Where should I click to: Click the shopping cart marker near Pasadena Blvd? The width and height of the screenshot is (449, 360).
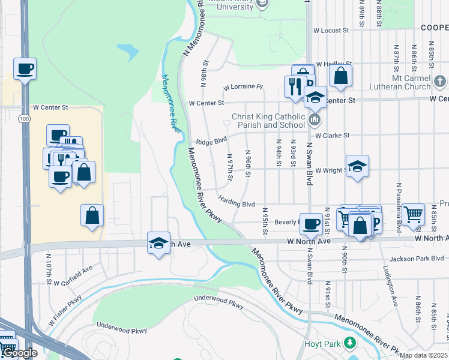click(414, 214)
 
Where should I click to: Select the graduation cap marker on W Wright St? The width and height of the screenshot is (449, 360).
click(357, 166)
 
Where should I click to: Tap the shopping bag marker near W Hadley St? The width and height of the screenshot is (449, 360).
click(340, 76)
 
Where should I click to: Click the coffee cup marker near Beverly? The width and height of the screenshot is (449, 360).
click(311, 224)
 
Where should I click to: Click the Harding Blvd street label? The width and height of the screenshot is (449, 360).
click(237, 204)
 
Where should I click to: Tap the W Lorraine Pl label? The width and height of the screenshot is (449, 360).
click(243, 86)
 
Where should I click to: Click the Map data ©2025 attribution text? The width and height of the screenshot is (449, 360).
click(423, 355)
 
